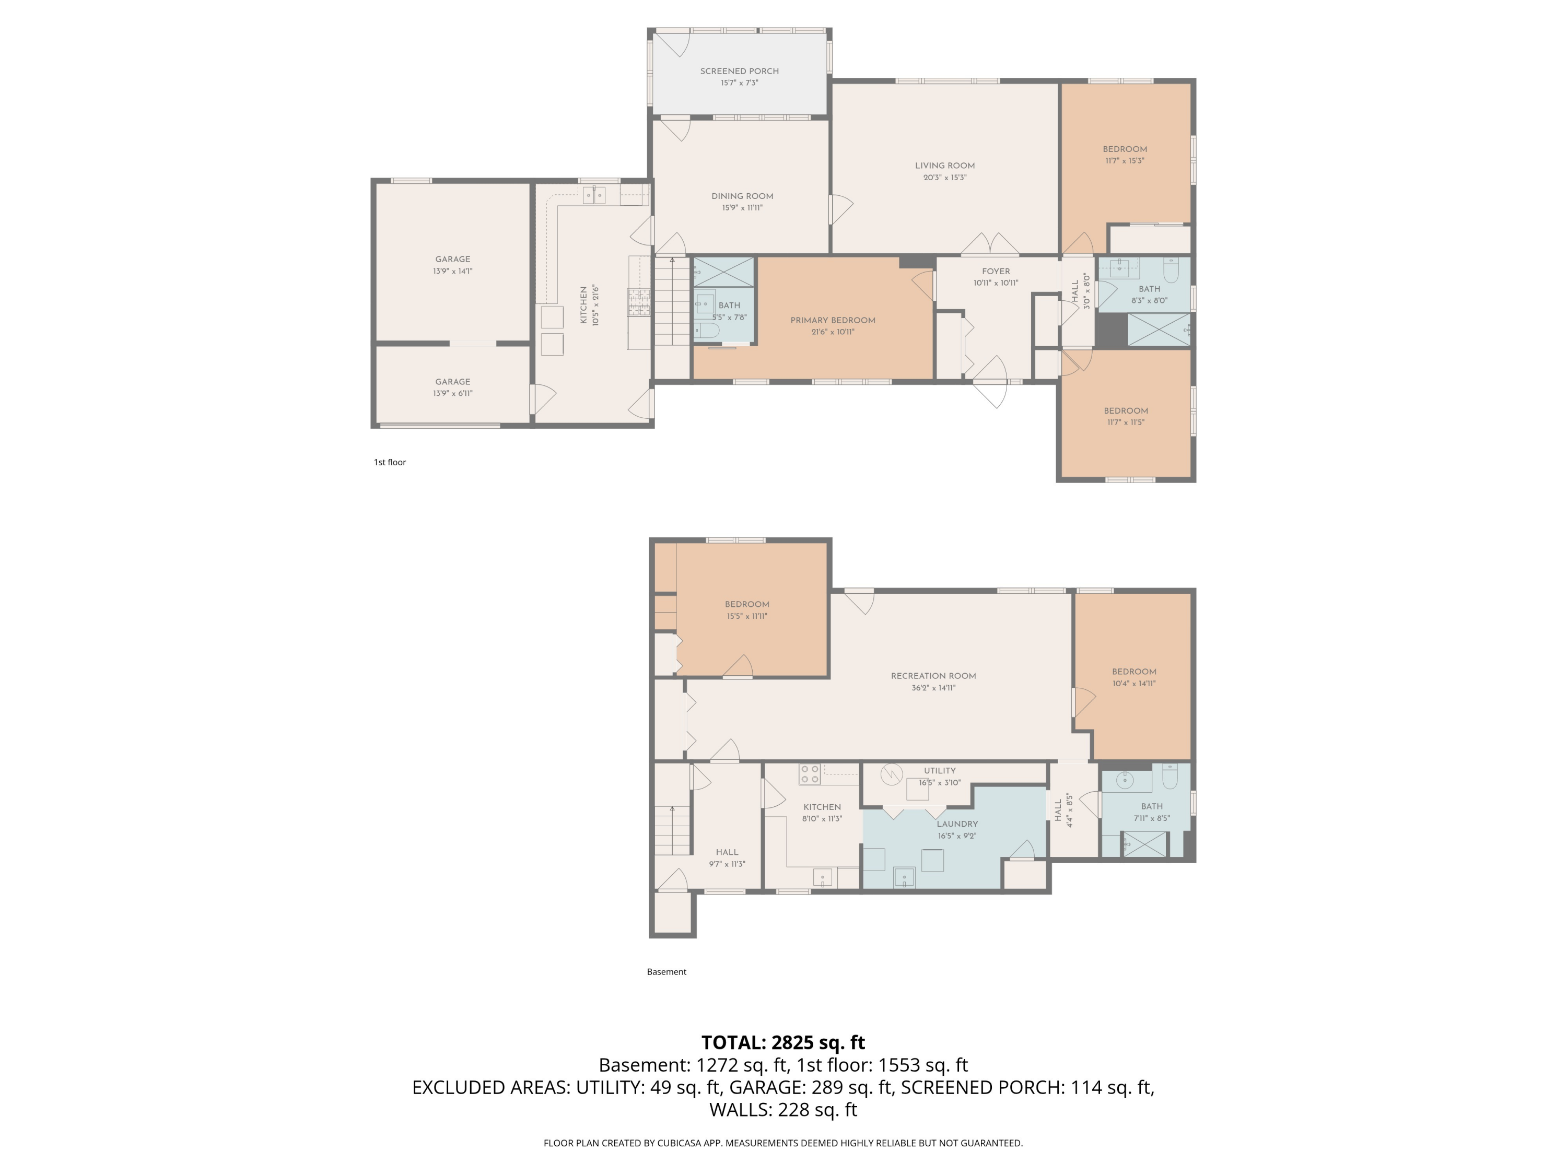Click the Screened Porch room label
tap(739, 71)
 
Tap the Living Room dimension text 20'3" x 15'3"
tap(944, 178)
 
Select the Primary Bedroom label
tap(833, 320)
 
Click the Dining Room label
tap(742, 196)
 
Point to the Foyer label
tap(996, 271)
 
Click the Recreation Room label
tap(933, 676)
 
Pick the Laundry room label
tap(956, 824)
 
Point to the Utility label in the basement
tap(939, 771)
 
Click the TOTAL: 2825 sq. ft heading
tap(783, 1042)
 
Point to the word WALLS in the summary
tap(740, 1110)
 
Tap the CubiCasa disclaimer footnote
tap(783, 1143)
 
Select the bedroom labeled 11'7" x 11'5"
tap(1125, 416)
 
